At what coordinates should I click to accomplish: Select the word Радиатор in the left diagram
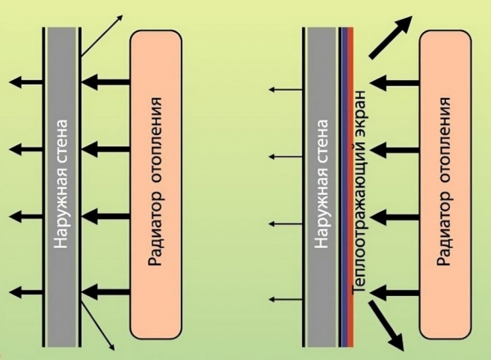[x=155, y=228]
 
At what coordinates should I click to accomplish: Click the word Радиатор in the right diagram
[x=444, y=228]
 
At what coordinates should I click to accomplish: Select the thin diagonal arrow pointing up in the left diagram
[x=101, y=35]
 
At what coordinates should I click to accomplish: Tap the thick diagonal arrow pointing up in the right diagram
[x=390, y=38]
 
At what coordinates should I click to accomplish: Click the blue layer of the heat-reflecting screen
[x=345, y=187]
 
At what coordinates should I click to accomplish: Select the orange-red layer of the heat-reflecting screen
[x=351, y=187]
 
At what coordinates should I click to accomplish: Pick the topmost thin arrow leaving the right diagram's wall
[x=286, y=90]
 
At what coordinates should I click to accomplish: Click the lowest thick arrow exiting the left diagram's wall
[x=26, y=292]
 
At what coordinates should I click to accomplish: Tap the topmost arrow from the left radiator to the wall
[x=106, y=83]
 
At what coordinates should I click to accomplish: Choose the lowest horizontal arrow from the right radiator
[x=395, y=293]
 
